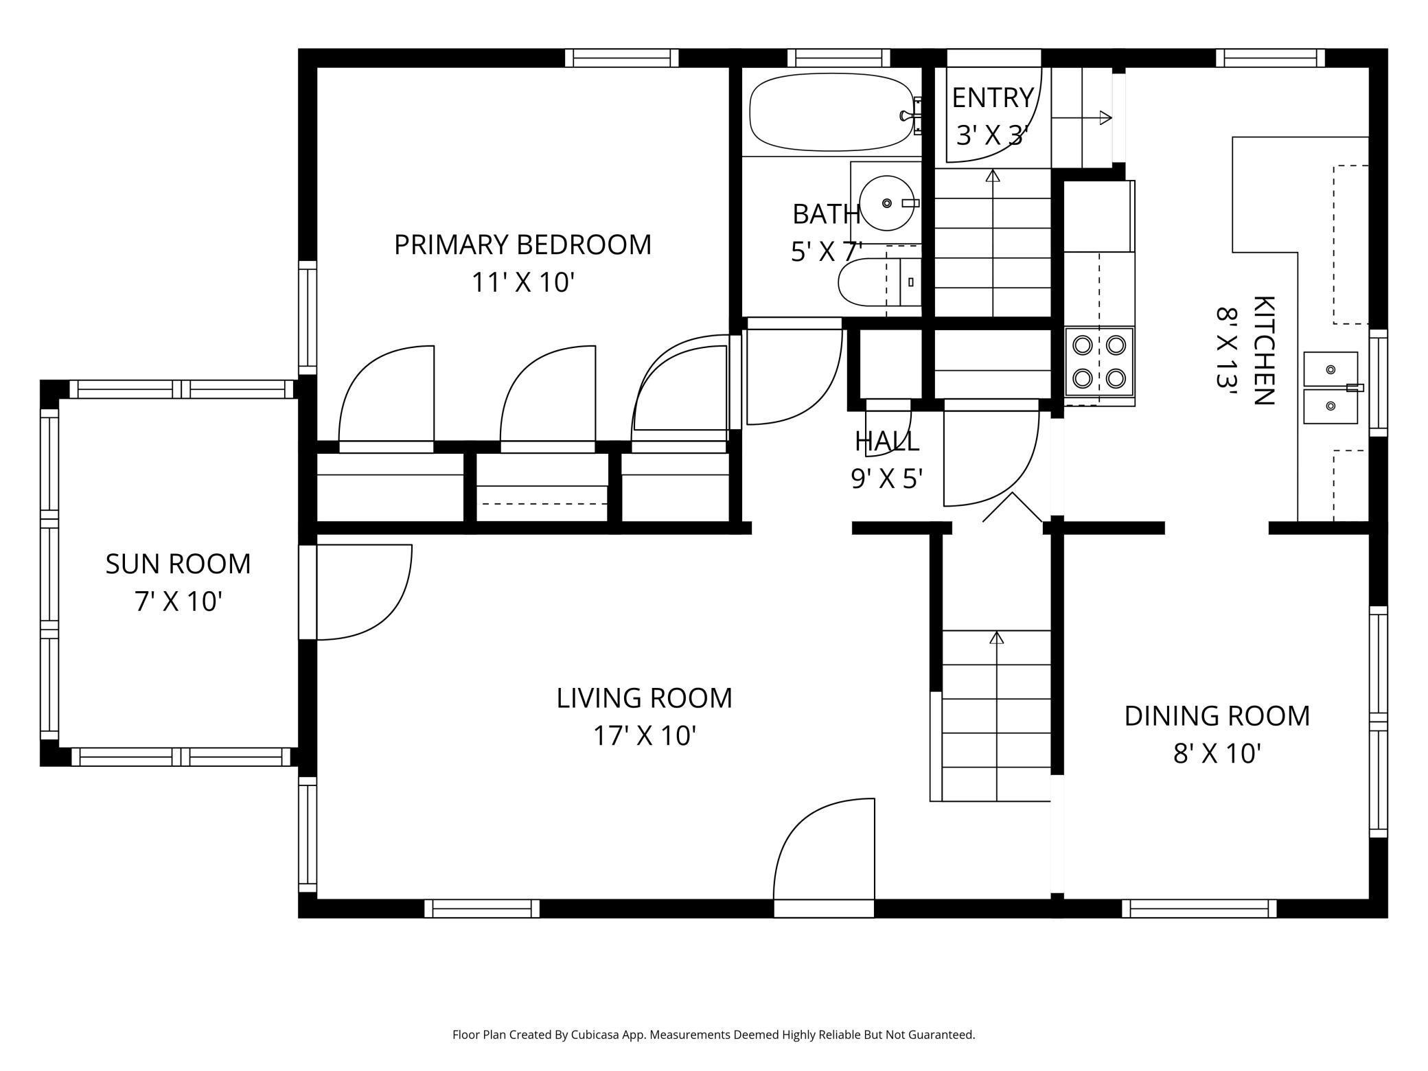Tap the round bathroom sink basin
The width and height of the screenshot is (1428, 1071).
(887, 203)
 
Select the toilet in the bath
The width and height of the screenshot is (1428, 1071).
(879, 282)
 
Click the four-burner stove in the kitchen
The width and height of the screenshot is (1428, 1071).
(1099, 362)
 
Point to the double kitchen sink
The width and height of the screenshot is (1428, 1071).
(1331, 388)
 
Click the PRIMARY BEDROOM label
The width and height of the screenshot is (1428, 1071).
(522, 244)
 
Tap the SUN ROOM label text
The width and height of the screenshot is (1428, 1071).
(178, 564)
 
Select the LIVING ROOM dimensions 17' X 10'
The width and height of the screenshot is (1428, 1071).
(645, 736)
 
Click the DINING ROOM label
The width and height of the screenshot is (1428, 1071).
(1217, 716)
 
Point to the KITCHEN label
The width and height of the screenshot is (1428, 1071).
(1264, 351)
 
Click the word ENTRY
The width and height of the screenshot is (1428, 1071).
(993, 98)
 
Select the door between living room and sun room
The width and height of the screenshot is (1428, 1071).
(355, 592)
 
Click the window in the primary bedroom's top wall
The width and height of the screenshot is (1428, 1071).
(621, 58)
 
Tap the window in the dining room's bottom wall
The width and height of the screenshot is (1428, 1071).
(1199, 908)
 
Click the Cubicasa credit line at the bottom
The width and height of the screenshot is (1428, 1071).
(713, 1035)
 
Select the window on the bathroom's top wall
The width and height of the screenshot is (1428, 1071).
(838, 58)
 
